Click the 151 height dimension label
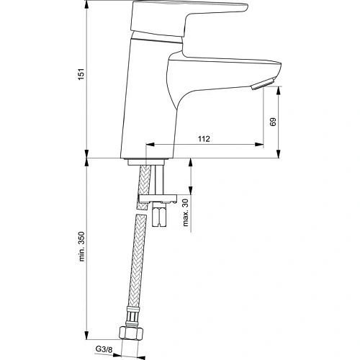click(x=81, y=74)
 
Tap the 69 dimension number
click(x=273, y=122)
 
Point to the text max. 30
click(x=185, y=210)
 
